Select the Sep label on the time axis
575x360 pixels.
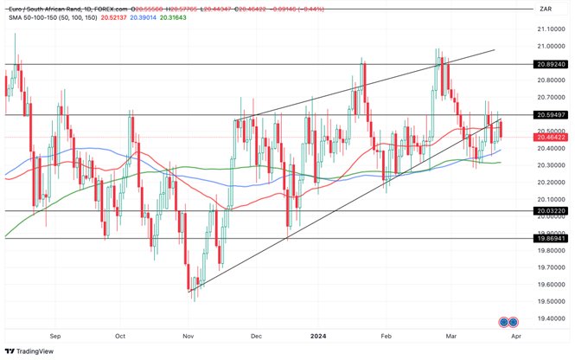coord(56,335)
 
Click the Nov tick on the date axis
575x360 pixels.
coord(188,335)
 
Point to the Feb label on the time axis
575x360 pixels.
coord(387,335)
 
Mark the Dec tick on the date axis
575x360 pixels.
coord(256,335)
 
